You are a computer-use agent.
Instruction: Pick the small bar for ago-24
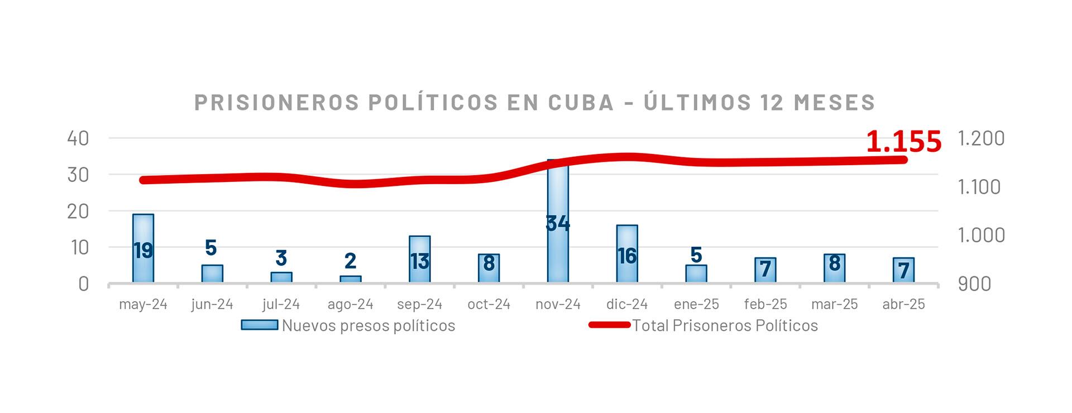[x=351, y=279]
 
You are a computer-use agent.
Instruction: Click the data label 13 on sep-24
[x=420, y=261]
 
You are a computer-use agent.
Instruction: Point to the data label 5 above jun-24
[x=211, y=247]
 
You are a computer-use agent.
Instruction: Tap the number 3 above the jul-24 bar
[x=281, y=258]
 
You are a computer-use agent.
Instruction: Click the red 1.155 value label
[x=903, y=142]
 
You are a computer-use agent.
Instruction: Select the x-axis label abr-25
[x=903, y=304]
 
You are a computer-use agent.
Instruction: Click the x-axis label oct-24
[x=489, y=304]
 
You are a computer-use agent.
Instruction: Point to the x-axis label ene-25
[x=696, y=304]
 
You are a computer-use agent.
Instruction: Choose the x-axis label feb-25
[x=765, y=304]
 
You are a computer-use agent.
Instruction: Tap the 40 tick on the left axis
[x=78, y=138]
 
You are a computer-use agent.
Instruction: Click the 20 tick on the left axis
[x=78, y=211]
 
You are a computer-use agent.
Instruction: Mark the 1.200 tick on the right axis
[x=981, y=138]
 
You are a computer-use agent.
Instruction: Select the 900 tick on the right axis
[x=974, y=284]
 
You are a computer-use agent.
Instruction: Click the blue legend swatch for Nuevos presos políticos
[x=260, y=325]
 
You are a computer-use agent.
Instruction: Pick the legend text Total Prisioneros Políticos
[x=725, y=325]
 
